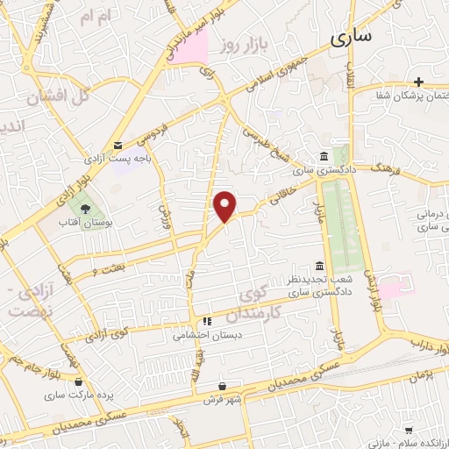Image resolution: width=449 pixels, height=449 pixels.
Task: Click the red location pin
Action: pyautogui.click(x=225, y=206)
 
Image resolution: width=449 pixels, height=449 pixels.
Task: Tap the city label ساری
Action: pyautogui.click(x=353, y=37)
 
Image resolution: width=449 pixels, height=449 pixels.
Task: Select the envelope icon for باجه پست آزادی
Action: pyautogui.click(x=118, y=146)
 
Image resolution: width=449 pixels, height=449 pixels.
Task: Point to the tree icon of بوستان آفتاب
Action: pyautogui.click(x=85, y=209)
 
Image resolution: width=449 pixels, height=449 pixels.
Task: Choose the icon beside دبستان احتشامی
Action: pyautogui.click(x=208, y=321)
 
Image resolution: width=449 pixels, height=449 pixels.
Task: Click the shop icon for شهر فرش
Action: pyautogui.click(x=221, y=387)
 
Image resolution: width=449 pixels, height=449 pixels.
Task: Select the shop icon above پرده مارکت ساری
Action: pyautogui.click(x=80, y=382)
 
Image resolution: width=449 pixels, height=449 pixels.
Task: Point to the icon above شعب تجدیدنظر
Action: pyautogui.click(x=319, y=266)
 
